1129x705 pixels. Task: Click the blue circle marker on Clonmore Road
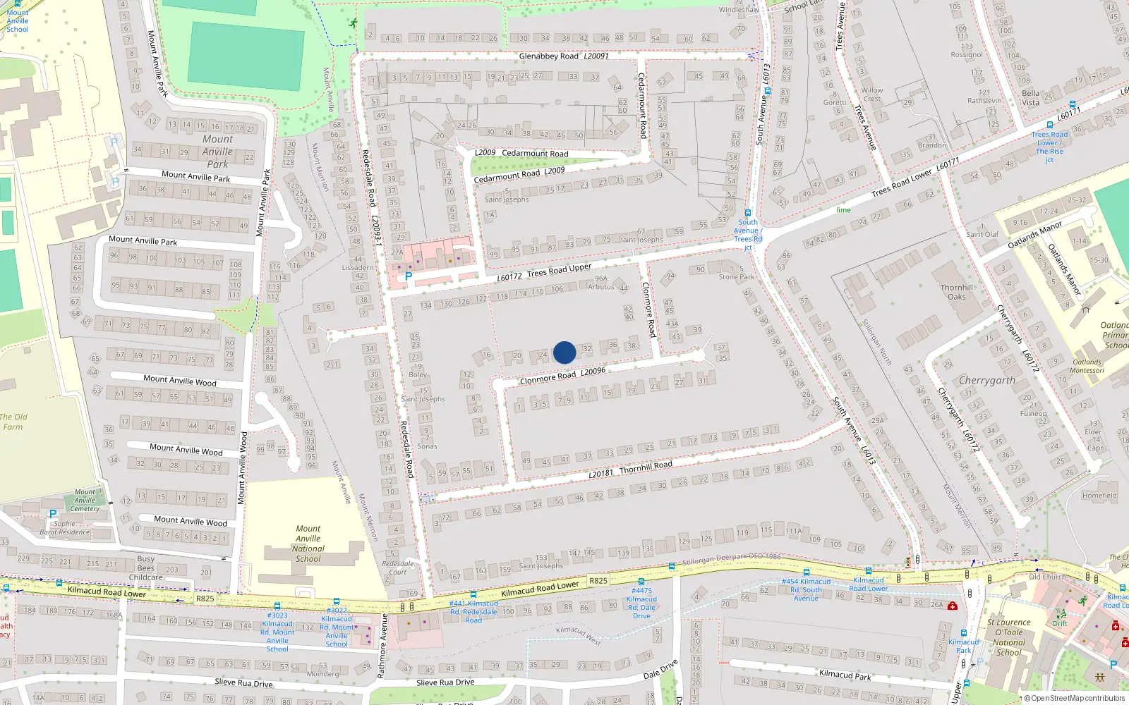[x=564, y=352]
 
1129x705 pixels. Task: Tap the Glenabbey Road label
[x=548, y=56]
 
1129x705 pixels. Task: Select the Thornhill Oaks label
[x=957, y=292]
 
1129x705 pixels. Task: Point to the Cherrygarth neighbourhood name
[x=986, y=381]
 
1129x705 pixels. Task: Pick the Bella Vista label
[x=1031, y=98]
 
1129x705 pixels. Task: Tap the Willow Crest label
[x=872, y=94]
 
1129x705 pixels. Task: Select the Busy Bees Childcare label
[x=146, y=568]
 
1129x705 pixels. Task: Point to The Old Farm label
[x=13, y=422]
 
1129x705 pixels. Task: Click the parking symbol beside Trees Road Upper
[x=408, y=277]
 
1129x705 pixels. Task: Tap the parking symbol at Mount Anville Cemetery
[x=53, y=515]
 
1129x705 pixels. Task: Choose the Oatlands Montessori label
[x=1087, y=367]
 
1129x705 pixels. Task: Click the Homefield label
[x=1099, y=496]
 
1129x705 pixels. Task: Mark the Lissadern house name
[x=358, y=268]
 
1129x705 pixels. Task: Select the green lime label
[x=844, y=210]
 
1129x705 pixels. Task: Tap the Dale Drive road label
[x=660, y=669]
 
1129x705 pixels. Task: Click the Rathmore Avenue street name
[x=382, y=646]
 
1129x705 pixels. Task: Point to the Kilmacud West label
[x=579, y=635]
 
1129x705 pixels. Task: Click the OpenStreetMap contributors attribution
[x=1077, y=699]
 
